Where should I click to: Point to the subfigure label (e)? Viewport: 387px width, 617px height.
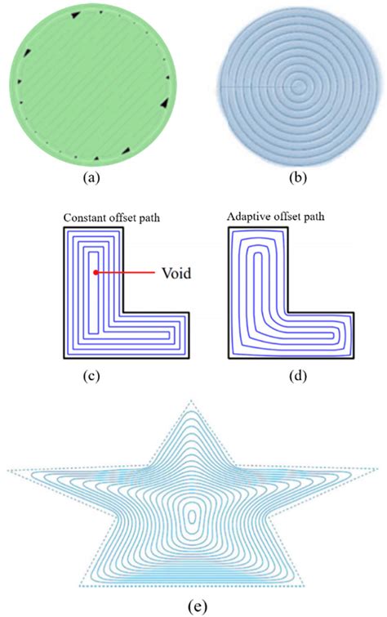193,606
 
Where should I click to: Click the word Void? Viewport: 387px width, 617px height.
176,274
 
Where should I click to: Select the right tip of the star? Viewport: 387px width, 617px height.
378,472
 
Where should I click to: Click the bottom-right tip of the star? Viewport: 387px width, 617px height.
306,586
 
